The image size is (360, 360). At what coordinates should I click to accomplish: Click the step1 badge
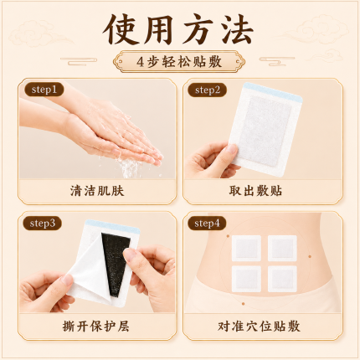[x=44, y=90]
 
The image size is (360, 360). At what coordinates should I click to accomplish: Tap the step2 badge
[x=207, y=90]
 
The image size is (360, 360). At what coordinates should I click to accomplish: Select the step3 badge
[x=42, y=224]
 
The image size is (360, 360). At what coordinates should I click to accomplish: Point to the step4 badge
[x=207, y=224]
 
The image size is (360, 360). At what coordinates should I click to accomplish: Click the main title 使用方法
[x=178, y=29]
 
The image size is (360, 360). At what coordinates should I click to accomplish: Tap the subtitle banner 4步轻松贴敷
[x=179, y=61]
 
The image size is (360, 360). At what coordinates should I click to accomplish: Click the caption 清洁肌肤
[x=97, y=191]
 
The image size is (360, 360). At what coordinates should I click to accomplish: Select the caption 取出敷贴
[x=255, y=191]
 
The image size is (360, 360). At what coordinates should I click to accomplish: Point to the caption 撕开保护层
[x=95, y=326]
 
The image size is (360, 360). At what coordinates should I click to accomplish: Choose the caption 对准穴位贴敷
[x=259, y=326]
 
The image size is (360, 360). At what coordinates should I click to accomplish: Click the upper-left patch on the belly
[x=246, y=248]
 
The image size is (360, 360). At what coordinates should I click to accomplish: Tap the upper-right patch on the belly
[x=282, y=248]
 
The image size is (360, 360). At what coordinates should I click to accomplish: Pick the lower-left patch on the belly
[x=246, y=279]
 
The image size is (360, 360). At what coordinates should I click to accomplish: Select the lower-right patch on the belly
[x=282, y=279]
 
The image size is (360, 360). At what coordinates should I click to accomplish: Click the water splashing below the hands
[x=131, y=167]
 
